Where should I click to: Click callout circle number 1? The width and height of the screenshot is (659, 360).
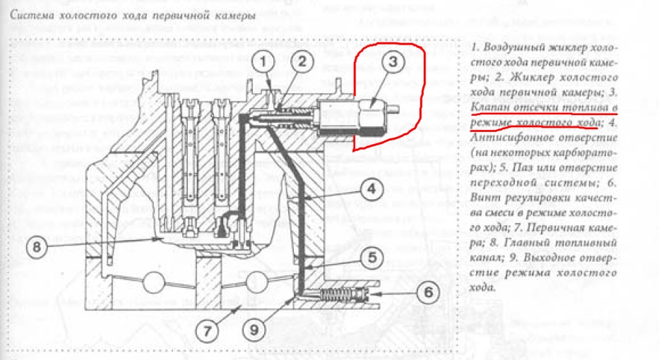(x=264, y=64)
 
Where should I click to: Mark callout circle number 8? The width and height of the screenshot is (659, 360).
(x=40, y=246)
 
